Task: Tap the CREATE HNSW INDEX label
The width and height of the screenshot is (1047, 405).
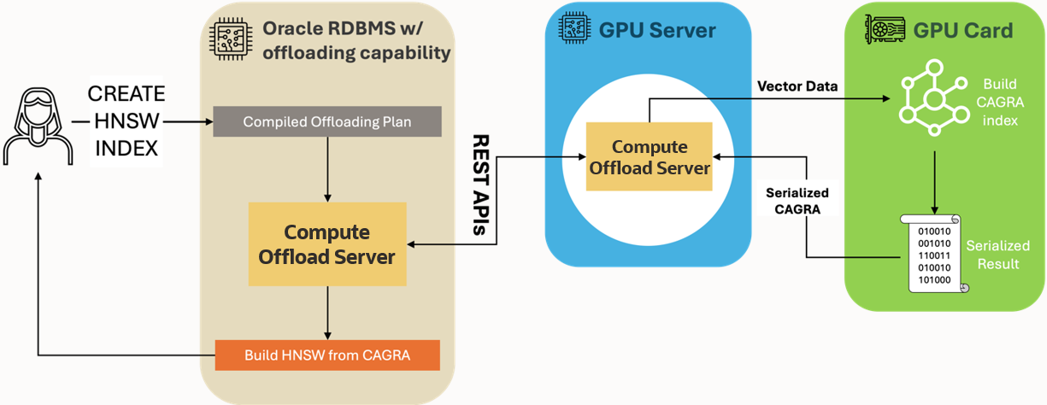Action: click(126, 121)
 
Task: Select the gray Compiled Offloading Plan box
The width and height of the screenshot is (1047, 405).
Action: click(326, 122)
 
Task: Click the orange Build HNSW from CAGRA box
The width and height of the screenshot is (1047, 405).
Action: click(327, 355)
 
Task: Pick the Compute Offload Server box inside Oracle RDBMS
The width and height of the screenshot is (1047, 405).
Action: click(327, 244)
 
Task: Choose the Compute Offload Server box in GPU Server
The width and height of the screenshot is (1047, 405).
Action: click(649, 157)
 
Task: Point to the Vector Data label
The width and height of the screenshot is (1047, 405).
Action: click(797, 86)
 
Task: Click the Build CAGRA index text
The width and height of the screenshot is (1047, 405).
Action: click(1000, 103)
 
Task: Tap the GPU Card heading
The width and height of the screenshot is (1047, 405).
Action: click(962, 31)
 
